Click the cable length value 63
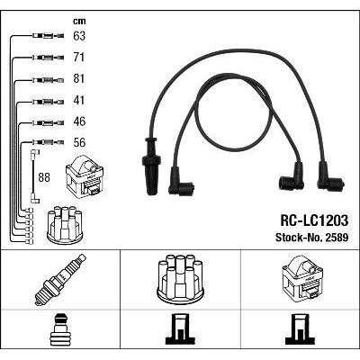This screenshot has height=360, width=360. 80,37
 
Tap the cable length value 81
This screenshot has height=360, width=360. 80,79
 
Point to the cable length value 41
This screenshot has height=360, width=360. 80,100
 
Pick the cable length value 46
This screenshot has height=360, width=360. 80,121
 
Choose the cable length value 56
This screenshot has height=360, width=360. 80,142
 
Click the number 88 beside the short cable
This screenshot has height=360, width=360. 44,177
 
